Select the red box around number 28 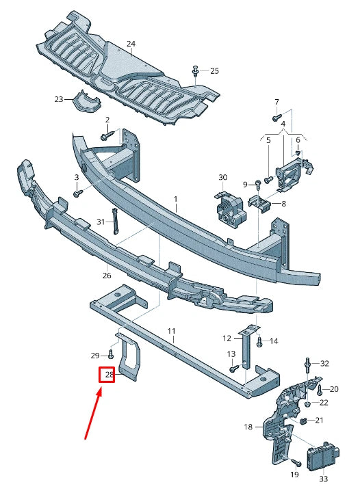pos(108,375)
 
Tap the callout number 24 pos(131,44)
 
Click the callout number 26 pos(106,276)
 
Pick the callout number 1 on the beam pos(175,198)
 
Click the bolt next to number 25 pos(196,71)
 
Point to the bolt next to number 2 pos(105,136)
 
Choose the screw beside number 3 pos(77,194)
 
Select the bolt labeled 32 pos(308,362)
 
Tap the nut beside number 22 pos(309,403)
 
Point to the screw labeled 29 pos(110,354)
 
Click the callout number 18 pos(248,427)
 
